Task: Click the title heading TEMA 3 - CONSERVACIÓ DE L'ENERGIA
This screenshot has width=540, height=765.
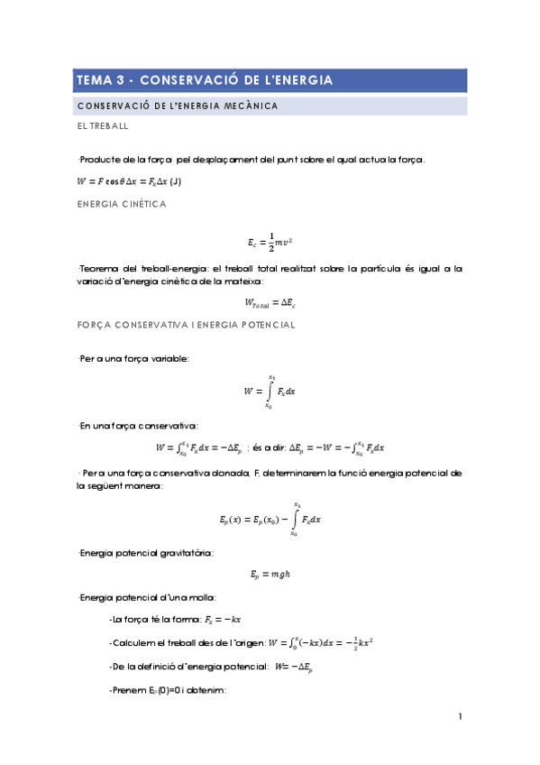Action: [x=205, y=80]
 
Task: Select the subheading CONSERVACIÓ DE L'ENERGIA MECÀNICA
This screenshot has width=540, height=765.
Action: [x=177, y=106]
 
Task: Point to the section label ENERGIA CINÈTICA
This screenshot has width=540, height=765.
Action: [x=122, y=205]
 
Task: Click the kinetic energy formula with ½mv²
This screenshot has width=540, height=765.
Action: [x=270, y=242]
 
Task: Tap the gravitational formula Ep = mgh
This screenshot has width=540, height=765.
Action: [x=270, y=574]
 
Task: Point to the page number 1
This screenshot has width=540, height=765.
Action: [x=460, y=717]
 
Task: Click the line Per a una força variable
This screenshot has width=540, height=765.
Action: [x=133, y=358]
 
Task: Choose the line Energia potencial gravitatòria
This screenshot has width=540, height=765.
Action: [x=145, y=552]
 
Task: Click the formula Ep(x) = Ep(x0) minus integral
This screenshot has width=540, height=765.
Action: [x=270, y=521]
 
